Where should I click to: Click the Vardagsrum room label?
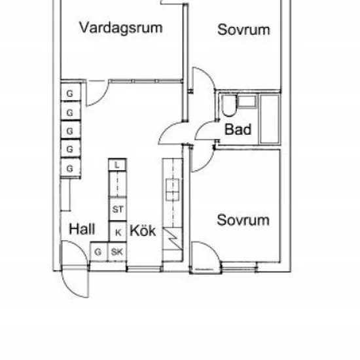point(121,28)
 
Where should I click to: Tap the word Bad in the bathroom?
point(238,129)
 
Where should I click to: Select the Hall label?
point(82,229)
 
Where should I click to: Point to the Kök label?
point(143,230)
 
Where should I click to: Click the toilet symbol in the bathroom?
point(228,105)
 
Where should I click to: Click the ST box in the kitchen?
point(118,209)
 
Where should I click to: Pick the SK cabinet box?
point(117,252)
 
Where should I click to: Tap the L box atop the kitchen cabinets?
point(117,165)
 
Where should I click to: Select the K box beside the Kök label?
point(118,232)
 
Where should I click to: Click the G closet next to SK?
point(99,252)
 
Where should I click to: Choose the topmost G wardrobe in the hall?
point(71,92)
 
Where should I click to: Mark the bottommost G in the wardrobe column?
point(71,168)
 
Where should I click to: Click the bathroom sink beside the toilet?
point(247,101)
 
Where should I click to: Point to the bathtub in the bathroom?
point(270,119)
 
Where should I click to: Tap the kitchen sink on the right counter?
point(173,190)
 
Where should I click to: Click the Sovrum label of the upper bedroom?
point(243,30)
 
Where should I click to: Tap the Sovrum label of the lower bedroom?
point(243,220)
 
